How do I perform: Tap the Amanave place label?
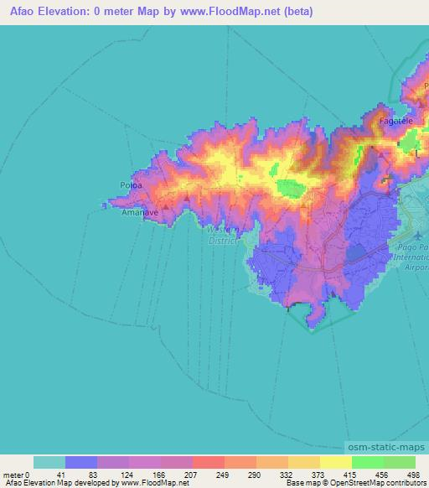coord(135,214)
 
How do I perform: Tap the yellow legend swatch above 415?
coord(336,462)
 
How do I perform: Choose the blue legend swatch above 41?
coord(80,462)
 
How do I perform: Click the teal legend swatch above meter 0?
coord(49,462)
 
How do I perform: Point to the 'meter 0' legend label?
coord(15,474)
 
